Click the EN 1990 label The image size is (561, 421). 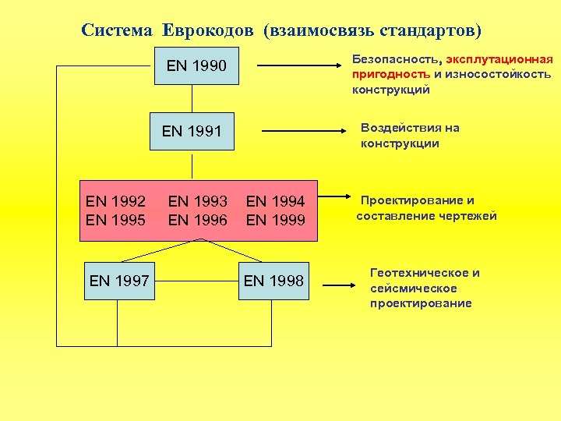pos(196,65)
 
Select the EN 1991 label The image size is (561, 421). pos(192,131)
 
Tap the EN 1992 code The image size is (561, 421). pos(116,201)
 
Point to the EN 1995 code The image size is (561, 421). pos(116,220)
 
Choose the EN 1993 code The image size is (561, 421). pos(198,201)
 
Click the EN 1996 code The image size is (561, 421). pos(198,220)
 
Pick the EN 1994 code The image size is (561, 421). pos(275,201)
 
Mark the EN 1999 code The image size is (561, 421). pos(275,220)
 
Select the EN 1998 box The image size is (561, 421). pos(273,281)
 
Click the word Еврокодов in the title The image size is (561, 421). pos(210,31)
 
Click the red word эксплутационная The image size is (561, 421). pos(499,59)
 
